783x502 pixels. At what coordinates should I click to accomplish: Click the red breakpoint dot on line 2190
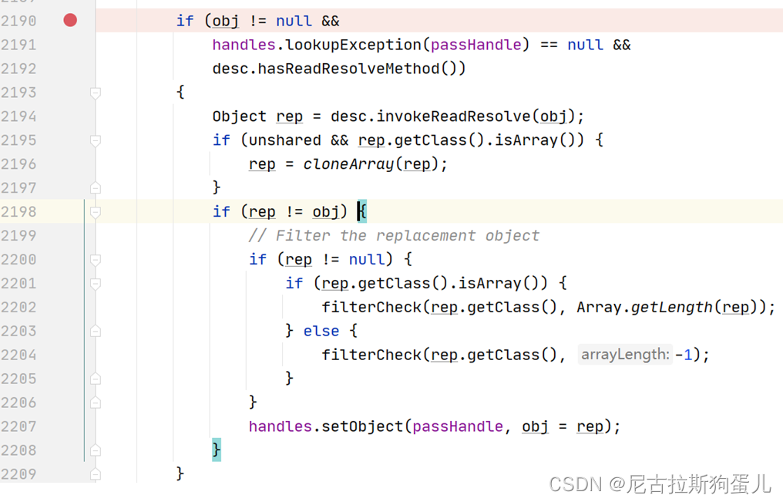coord(70,21)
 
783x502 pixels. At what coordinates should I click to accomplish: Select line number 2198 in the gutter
coord(18,211)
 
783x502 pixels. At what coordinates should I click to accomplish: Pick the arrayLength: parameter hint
coord(625,355)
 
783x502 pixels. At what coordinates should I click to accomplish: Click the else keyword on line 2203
coord(321,331)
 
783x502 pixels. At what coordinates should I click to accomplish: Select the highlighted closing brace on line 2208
coord(217,450)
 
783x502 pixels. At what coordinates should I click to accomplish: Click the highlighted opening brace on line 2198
coord(362,211)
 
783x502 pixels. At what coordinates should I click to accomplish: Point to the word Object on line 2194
coord(239,116)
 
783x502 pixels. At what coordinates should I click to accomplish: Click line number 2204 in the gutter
coord(18,355)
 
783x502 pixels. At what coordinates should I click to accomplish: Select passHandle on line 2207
coord(458,426)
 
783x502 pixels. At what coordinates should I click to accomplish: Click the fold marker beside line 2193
coord(96,93)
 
